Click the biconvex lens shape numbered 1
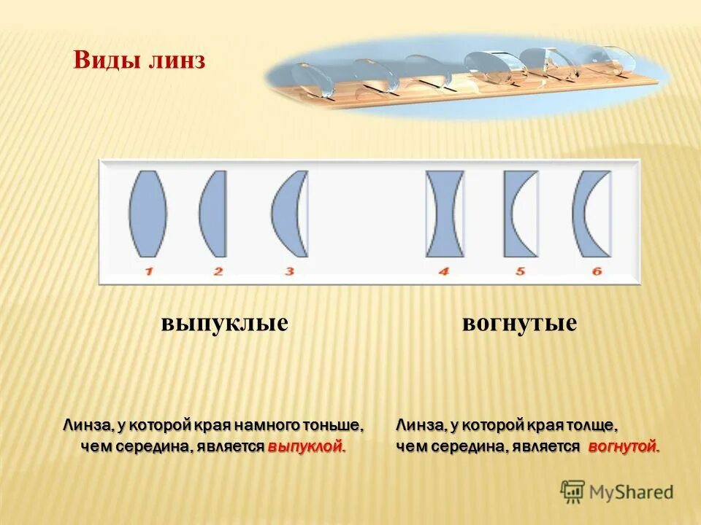point(148,214)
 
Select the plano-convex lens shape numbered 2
point(214,214)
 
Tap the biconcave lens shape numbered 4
point(445,214)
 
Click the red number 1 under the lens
point(148,271)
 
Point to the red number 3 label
point(289,271)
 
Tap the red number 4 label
point(444,271)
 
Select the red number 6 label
point(597,271)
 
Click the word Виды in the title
point(100,60)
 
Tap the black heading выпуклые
point(224,323)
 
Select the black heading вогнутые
point(519,323)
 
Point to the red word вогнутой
point(623,447)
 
